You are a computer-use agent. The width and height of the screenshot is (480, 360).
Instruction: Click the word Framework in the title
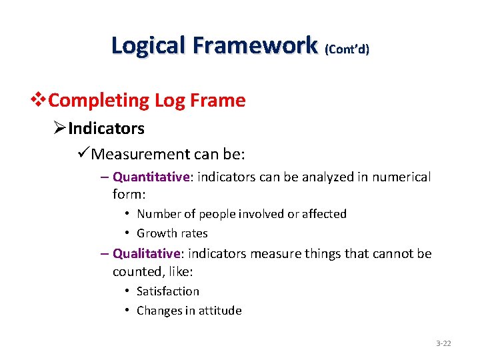[x=255, y=45]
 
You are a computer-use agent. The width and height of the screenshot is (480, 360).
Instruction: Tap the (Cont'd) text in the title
[x=347, y=49]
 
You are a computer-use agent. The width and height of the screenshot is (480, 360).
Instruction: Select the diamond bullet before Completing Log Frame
[x=41, y=101]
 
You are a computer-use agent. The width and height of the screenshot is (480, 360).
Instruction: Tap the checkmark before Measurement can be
[x=83, y=155]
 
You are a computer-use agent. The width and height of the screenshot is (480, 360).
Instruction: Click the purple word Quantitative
[x=152, y=177]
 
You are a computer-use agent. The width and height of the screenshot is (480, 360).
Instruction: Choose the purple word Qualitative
[x=147, y=254]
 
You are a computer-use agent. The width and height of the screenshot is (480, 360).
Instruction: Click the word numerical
[x=401, y=177]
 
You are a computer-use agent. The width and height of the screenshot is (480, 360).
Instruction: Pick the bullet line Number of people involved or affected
[x=241, y=214]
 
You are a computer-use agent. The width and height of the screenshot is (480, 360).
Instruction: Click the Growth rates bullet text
[x=172, y=233]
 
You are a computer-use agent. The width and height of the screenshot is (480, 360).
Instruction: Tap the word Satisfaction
[x=167, y=291]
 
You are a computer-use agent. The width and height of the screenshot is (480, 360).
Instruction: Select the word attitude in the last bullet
[x=220, y=311]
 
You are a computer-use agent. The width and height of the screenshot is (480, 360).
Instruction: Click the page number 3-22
[x=443, y=343]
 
